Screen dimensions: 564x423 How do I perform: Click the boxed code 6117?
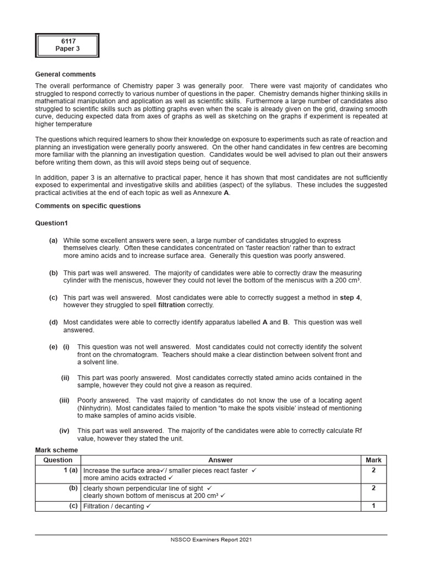(67, 41)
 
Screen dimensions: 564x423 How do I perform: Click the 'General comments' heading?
(66, 74)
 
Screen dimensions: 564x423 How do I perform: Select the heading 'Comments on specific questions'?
(88, 206)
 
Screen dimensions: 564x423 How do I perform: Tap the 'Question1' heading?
(52, 223)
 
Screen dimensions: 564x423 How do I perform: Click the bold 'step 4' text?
(350, 297)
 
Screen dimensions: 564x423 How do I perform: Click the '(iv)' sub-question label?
(64, 431)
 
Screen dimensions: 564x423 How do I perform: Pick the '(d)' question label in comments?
(53, 322)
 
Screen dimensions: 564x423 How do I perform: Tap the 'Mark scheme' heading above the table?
(57, 450)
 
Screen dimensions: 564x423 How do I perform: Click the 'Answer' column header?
(220, 460)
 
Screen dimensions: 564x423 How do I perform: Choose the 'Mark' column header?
(373, 460)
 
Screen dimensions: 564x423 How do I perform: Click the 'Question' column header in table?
(58, 460)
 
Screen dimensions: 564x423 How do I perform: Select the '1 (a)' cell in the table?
(69, 471)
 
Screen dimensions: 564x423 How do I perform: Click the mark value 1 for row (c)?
(373, 506)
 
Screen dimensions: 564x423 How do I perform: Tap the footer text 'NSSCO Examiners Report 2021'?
(211, 540)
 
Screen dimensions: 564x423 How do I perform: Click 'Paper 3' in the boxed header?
(67, 49)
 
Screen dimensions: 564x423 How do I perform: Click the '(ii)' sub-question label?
(65, 378)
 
